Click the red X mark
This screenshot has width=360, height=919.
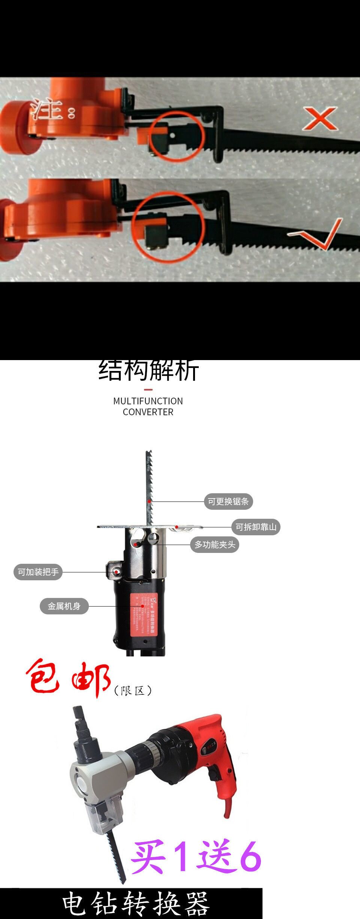pos(320,119)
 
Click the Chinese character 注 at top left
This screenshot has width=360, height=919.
pos(47,109)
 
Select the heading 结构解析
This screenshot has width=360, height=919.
pos(148,371)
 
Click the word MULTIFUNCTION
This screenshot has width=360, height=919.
pos(148,401)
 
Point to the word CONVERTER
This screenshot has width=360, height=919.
pos(148,412)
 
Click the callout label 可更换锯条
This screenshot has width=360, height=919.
pos(228,502)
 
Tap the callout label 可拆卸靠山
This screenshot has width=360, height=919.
pos(256,527)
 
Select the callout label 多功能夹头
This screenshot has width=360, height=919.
pos(214,545)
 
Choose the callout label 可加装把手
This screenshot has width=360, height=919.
pos(38,572)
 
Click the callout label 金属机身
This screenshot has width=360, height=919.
pos(64,606)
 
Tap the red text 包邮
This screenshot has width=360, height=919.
pos(67,679)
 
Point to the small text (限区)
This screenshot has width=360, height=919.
pos(133,691)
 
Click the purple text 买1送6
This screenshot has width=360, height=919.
pos(196,856)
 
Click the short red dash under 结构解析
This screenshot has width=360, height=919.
pos(148,390)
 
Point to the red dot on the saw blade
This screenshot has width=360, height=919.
pos(149,502)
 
